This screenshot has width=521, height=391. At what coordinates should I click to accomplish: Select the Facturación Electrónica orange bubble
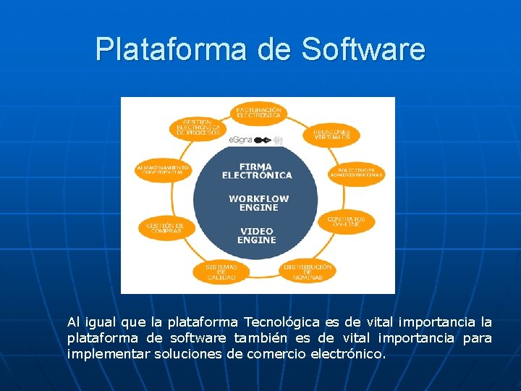(258, 112)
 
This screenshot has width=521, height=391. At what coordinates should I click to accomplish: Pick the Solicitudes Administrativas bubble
(357, 172)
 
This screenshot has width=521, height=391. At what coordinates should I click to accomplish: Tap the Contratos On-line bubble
(346, 222)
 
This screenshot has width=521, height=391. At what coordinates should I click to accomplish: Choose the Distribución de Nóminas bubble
(308, 272)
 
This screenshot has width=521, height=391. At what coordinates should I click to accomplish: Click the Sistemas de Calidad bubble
(221, 272)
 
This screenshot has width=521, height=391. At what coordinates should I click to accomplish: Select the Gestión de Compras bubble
(166, 228)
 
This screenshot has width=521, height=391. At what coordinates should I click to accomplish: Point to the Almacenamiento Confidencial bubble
(163, 171)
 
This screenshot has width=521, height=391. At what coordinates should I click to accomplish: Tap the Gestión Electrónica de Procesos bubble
(198, 128)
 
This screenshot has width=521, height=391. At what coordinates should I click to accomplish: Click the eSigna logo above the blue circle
(250, 140)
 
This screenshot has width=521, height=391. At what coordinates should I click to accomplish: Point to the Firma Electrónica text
(257, 171)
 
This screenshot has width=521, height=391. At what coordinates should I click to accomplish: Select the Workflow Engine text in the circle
(258, 203)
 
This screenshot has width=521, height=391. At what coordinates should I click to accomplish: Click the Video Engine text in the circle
(257, 235)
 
